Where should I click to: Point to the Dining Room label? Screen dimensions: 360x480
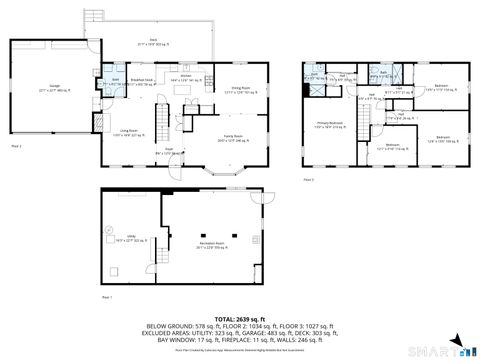click(235, 90)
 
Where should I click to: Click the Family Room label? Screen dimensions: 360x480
click(231, 141)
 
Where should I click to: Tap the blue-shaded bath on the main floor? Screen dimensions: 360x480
click(114, 82)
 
